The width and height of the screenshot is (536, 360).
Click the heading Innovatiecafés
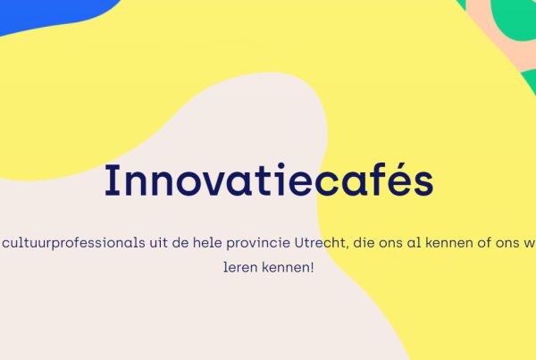coord(269,180)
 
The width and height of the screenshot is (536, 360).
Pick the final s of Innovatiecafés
coord(423,185)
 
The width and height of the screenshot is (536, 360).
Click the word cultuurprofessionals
coord(74,243)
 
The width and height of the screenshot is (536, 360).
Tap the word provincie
coord(258,243)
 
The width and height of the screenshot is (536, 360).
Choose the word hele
coord(207,243)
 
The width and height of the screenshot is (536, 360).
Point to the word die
coord(364,243)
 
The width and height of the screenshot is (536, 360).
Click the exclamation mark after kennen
coord(312,267)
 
